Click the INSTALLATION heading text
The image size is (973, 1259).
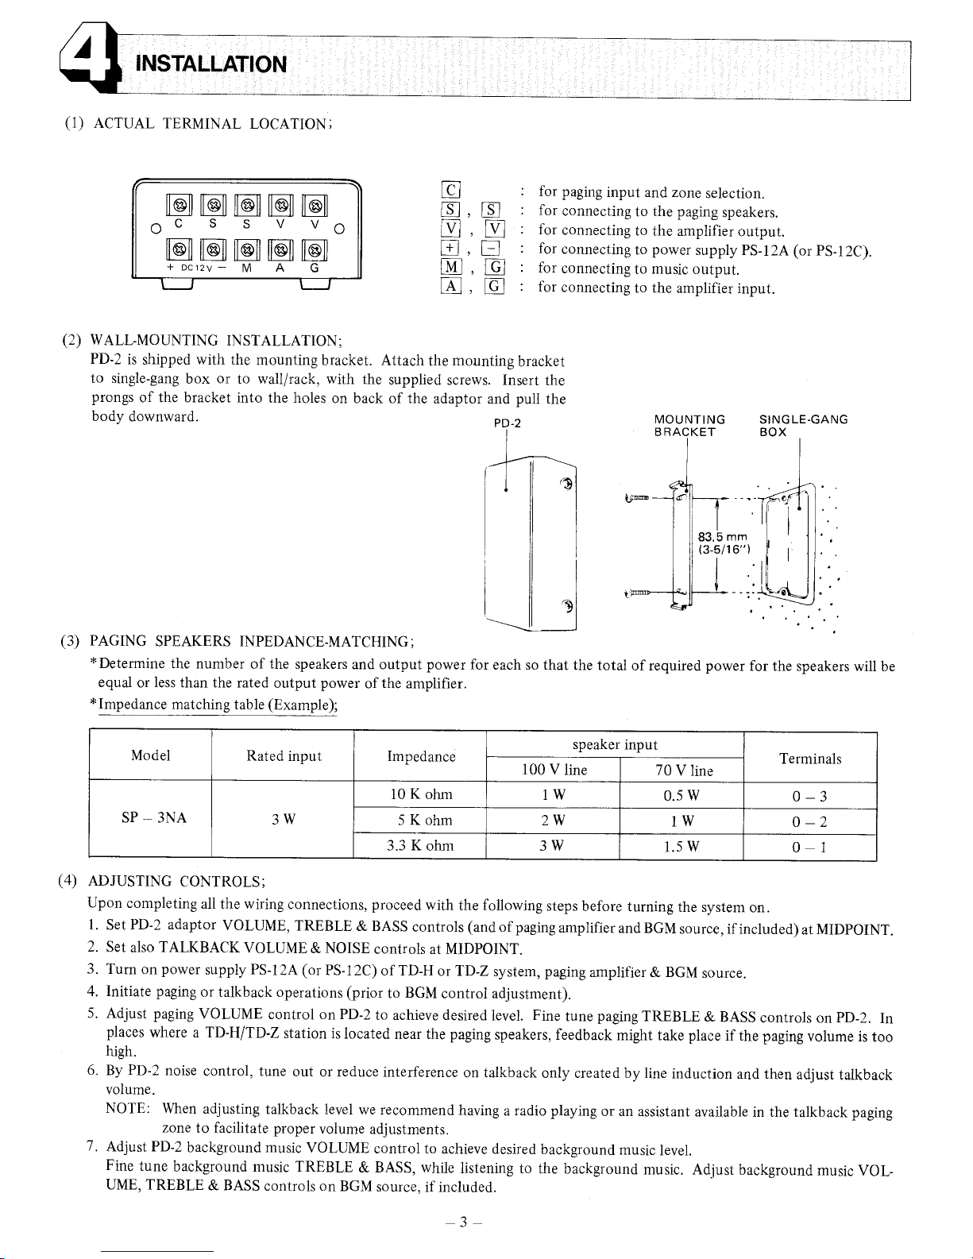[x=211, y=63]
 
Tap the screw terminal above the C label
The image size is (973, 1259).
[x=180, y=205]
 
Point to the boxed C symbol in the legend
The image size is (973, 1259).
[x=450, y=191]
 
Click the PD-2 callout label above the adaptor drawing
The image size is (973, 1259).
[x=507, y=423]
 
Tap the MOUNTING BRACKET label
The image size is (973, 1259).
[x=689, y=426]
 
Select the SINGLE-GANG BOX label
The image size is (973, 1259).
[x=803, y=426]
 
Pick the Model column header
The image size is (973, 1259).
[x=150, y=755]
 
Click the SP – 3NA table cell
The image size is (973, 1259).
[x=150, y=818]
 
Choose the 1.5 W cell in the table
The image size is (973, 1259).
[x=681, y=846]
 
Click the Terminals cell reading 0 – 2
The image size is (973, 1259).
[x=809, y=821]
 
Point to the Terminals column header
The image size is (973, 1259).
[x=809, y=759]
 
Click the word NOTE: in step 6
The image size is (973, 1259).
[x=127, y=1109]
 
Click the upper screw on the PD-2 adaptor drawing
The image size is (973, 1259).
[x=566, y=485]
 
